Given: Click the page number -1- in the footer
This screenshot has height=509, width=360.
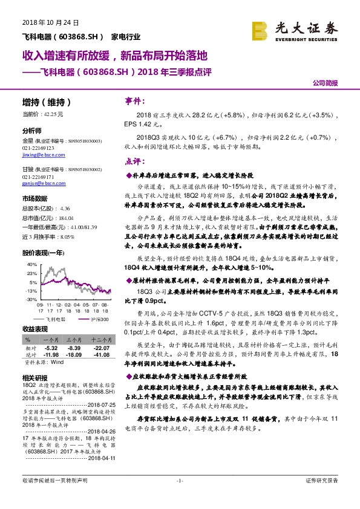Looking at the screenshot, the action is [x=180, y=497].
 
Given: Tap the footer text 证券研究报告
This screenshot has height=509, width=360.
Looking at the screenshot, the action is [x=322, y=497].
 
